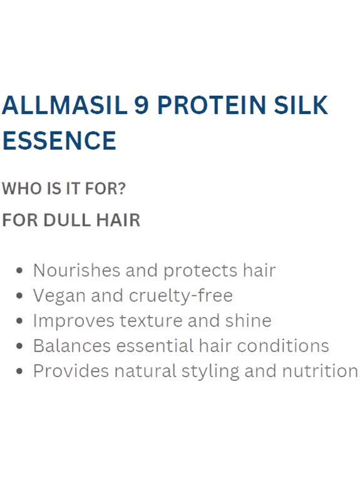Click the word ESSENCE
click(59, 140)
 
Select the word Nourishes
click(76, 271)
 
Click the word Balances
click(72, 346)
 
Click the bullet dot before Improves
click(20, 321)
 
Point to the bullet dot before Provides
click(20, 372)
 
